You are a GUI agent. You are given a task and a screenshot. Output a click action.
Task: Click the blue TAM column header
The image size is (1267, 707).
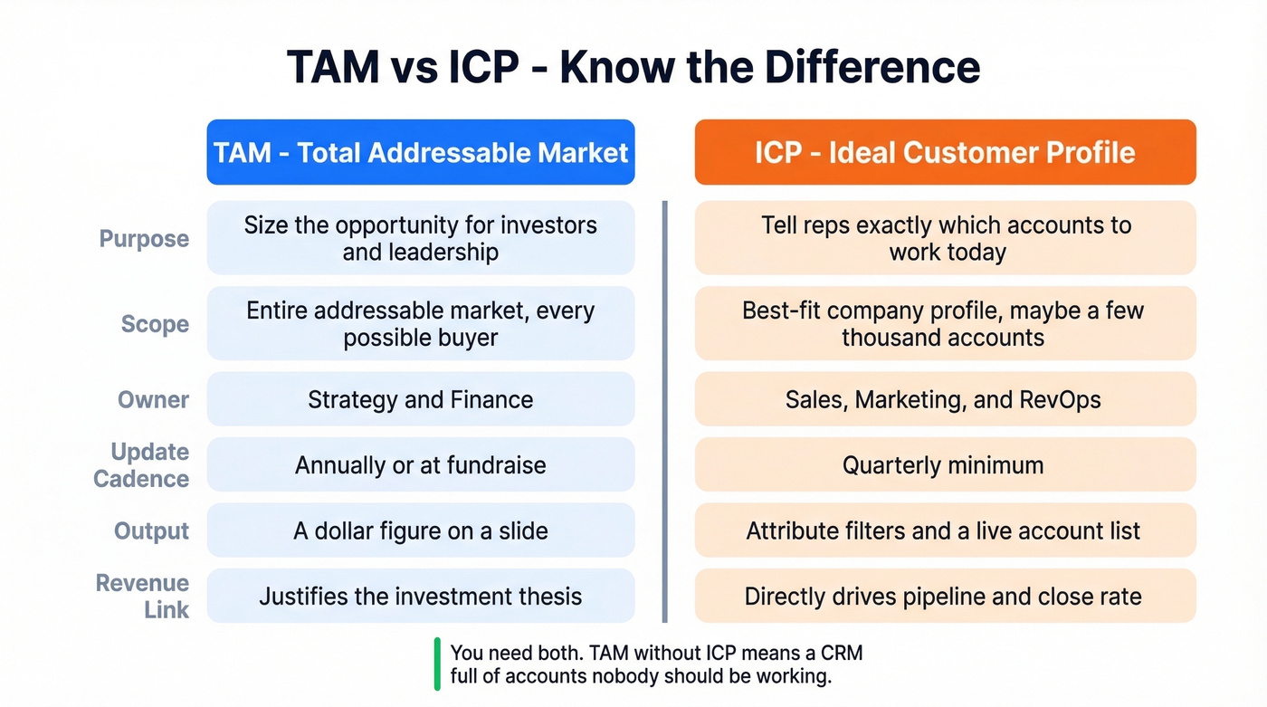coord(421,152)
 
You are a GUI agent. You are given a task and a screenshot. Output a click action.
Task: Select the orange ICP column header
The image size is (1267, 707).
coord(945,152)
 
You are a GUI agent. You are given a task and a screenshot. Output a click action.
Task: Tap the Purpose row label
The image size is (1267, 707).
coord(144,239)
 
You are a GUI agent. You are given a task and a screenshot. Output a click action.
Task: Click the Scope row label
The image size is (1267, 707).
coord(155,324)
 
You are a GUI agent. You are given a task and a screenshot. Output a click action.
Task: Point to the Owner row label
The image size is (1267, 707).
coord(153,399)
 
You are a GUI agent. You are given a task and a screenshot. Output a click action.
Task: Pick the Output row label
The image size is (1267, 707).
coord(151,531)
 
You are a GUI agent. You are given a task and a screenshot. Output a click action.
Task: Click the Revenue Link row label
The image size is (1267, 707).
coord(143,596)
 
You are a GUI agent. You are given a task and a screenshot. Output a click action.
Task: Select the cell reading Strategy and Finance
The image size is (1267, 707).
coord(421,399)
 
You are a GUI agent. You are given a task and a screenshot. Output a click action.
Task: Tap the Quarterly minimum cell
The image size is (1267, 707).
coord(945,465)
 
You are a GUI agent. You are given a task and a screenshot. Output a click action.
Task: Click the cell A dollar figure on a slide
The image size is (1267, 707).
coord(421,531)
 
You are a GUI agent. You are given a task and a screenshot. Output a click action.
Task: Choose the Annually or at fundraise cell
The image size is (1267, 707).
coord(421,465)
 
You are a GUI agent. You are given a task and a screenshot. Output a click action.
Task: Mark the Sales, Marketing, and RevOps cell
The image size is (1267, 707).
coord(945,399)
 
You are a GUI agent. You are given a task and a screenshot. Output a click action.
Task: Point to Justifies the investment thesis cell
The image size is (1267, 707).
coord(421,597)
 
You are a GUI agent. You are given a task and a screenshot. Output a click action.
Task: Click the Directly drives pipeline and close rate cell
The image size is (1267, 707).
coord(945,597)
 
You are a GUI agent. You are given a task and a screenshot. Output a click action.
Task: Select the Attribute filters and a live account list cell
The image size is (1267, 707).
coord(945,531)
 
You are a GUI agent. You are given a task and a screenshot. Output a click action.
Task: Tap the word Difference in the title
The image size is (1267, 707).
coord(872,68)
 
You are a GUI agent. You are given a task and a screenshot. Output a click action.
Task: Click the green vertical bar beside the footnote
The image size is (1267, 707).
coord(437,664)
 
